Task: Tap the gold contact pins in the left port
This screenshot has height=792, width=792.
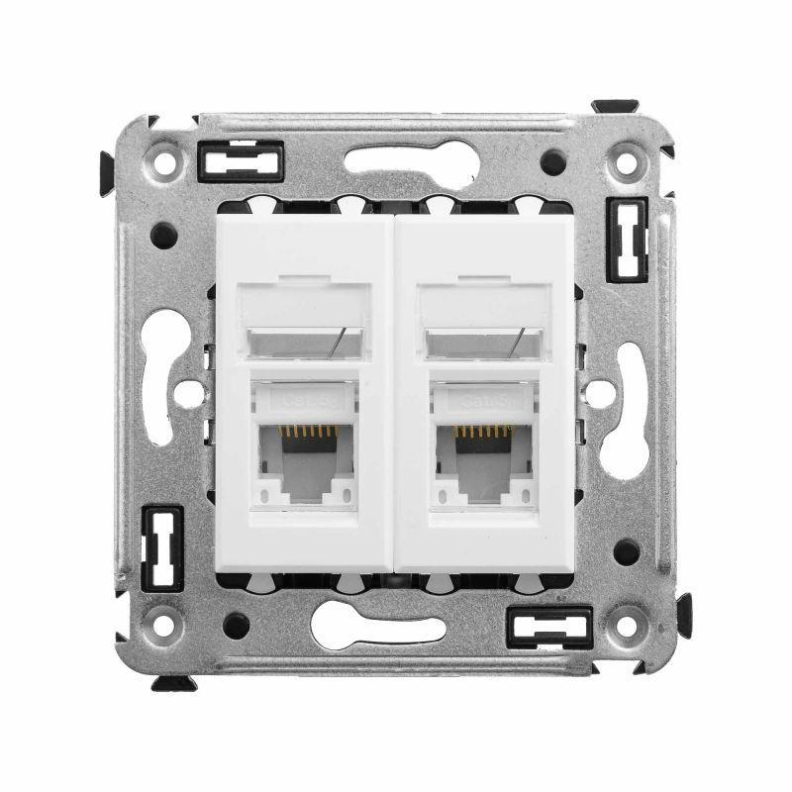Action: point(307,433)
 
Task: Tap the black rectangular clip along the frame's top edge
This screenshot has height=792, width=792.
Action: point(241,160)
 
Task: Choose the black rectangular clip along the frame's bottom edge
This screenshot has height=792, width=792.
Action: point(548,626)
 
